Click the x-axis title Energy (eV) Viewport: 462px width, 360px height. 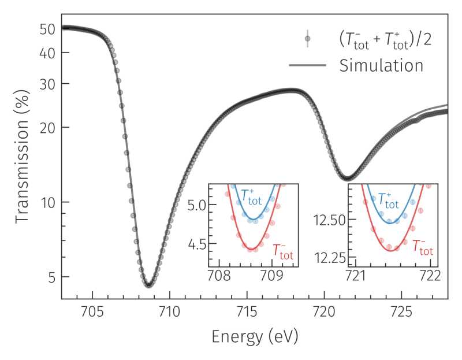click(x=255, y=336)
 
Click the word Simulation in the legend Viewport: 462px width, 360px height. click(x=381, y=65)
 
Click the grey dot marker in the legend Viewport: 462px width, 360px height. click(x=308, y=39)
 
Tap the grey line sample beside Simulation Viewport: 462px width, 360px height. click(x=308, y=65)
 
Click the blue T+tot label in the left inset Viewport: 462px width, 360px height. click(x=251, y=197)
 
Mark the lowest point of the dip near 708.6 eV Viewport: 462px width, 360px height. click(x=148, y=284)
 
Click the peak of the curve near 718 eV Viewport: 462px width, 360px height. click(x=294, y=90)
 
